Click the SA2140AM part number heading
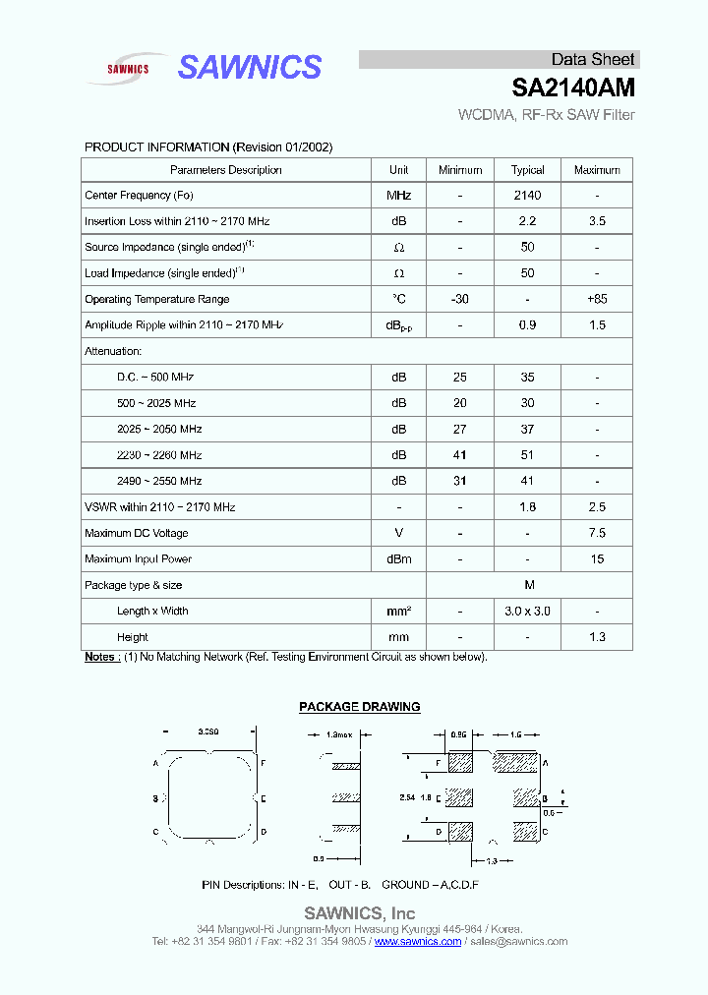[573, 88]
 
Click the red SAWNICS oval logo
[128, 69]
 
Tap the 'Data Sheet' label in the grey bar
[592, 59]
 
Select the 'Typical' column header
[527, 170]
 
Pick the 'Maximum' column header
[597, 170]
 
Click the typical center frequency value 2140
[527, 196]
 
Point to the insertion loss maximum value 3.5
[597, 222]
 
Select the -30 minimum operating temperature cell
[459, 300]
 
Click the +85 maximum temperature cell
[597, 300]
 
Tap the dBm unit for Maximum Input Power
[399, 559]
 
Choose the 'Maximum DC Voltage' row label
[137, 534]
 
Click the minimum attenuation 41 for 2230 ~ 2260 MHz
[459, 455]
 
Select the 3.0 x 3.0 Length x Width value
[527, 612]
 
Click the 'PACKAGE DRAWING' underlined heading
[359, 707]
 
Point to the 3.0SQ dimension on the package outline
[208, 732]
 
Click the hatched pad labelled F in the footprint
[459, 762]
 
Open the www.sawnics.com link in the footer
[418, 942]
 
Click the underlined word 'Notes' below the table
[101, 657]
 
